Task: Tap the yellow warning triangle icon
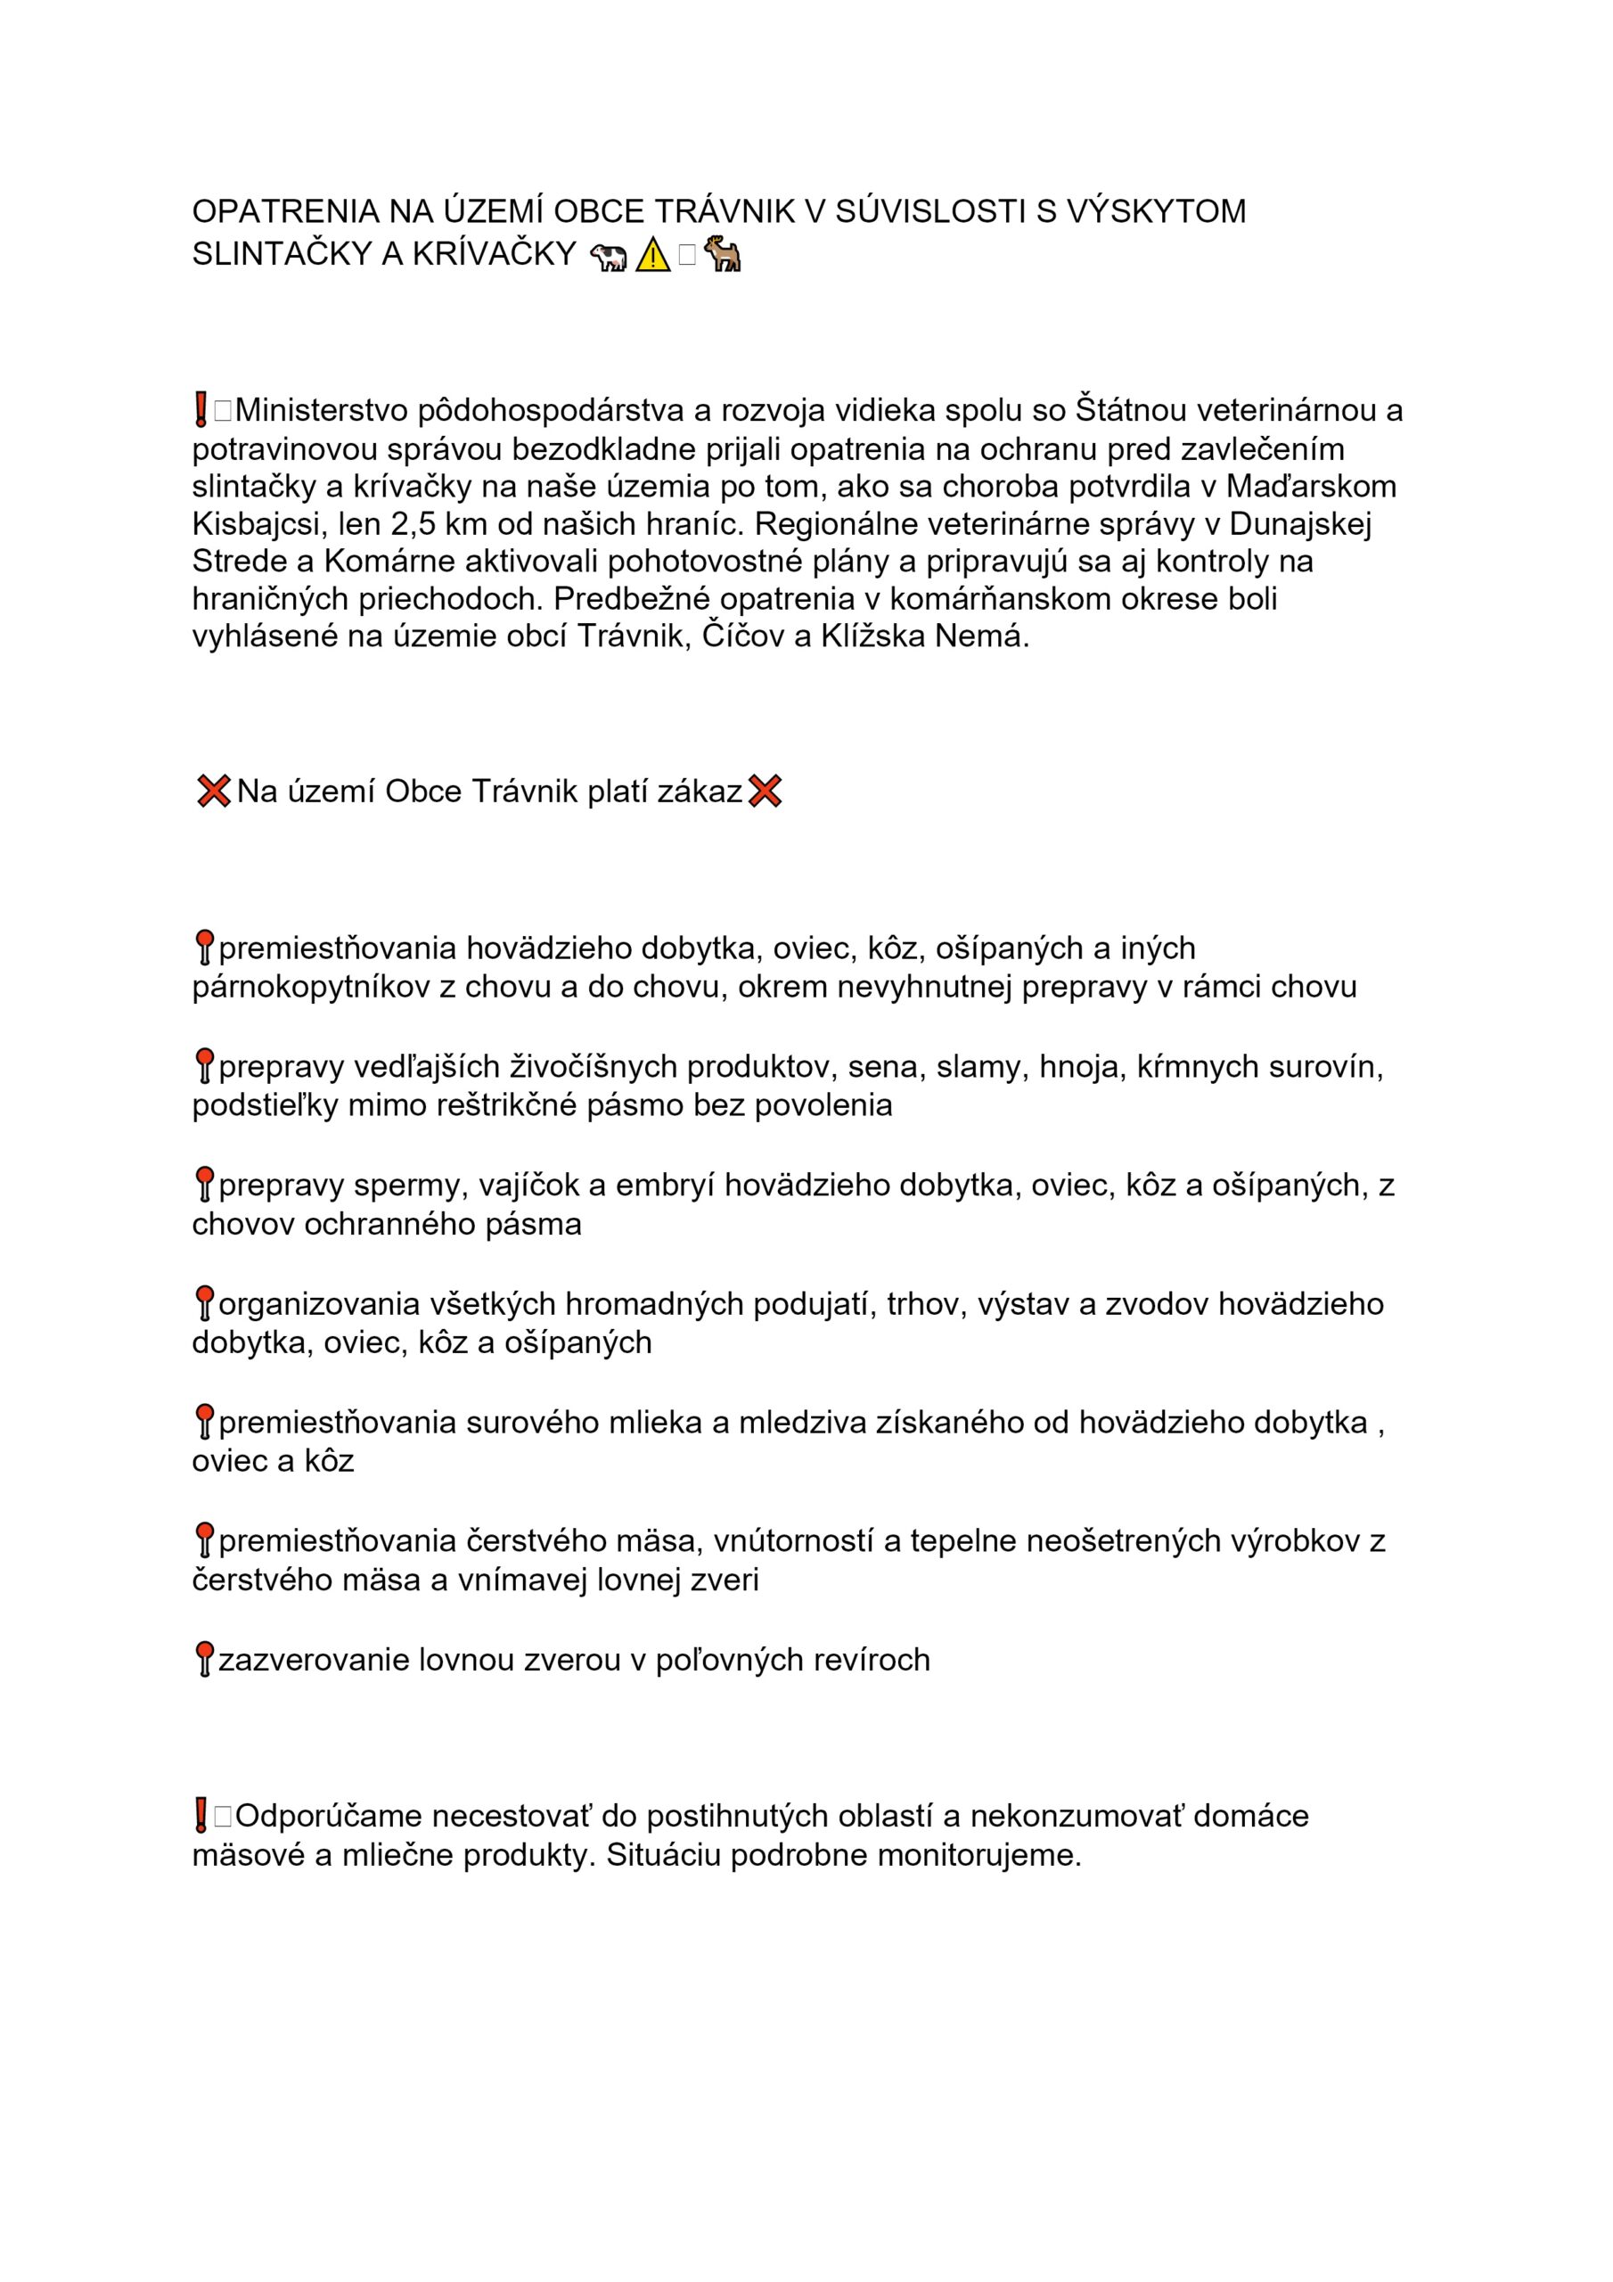tap(652, 257)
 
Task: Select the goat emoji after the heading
tap(723, 256)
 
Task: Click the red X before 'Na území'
tap(213, 792)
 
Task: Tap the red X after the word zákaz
tap(765, 792)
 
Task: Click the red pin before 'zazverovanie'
tap(204, 1659)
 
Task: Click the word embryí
tap(664, 1185)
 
